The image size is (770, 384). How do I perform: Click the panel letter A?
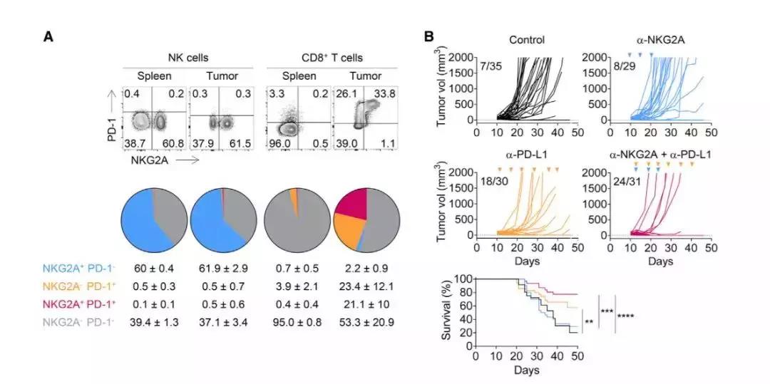click(48, 36)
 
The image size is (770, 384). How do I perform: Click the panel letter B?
click(429, 36)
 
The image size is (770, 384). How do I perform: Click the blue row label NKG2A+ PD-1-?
click(81, 269)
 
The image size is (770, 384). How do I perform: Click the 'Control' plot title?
click(527, 40)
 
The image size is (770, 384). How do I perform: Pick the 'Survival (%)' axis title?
click(448, 312)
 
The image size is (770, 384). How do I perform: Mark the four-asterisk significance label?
click(627, 317)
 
